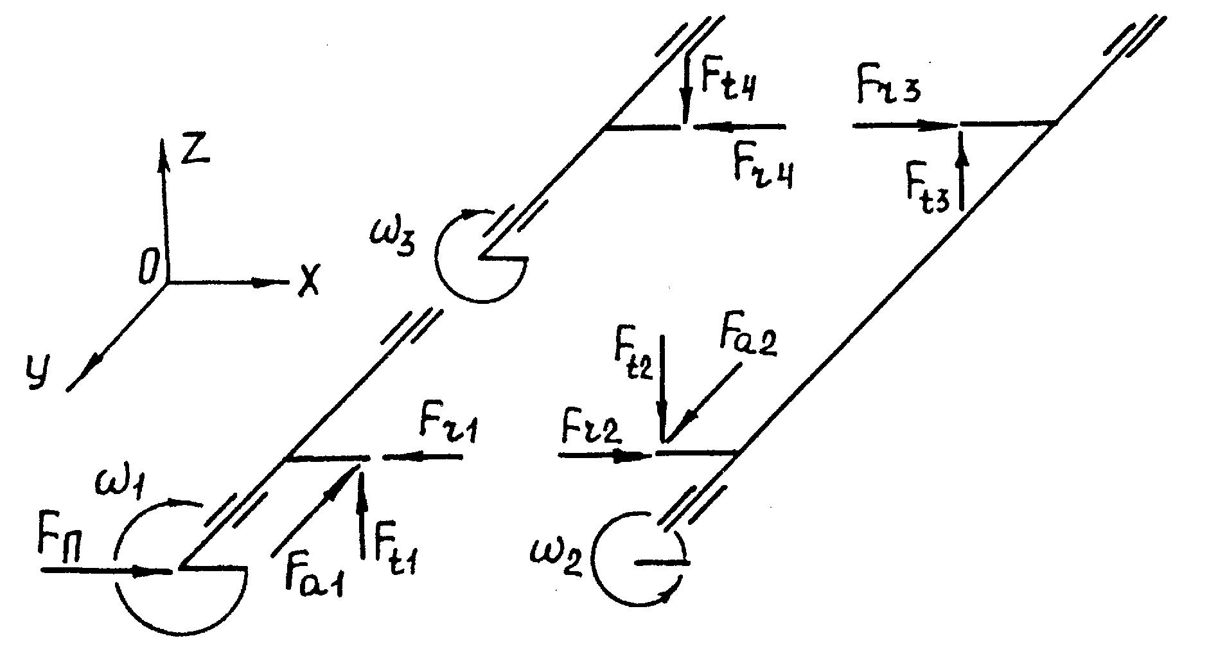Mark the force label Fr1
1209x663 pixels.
click(448, 424)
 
